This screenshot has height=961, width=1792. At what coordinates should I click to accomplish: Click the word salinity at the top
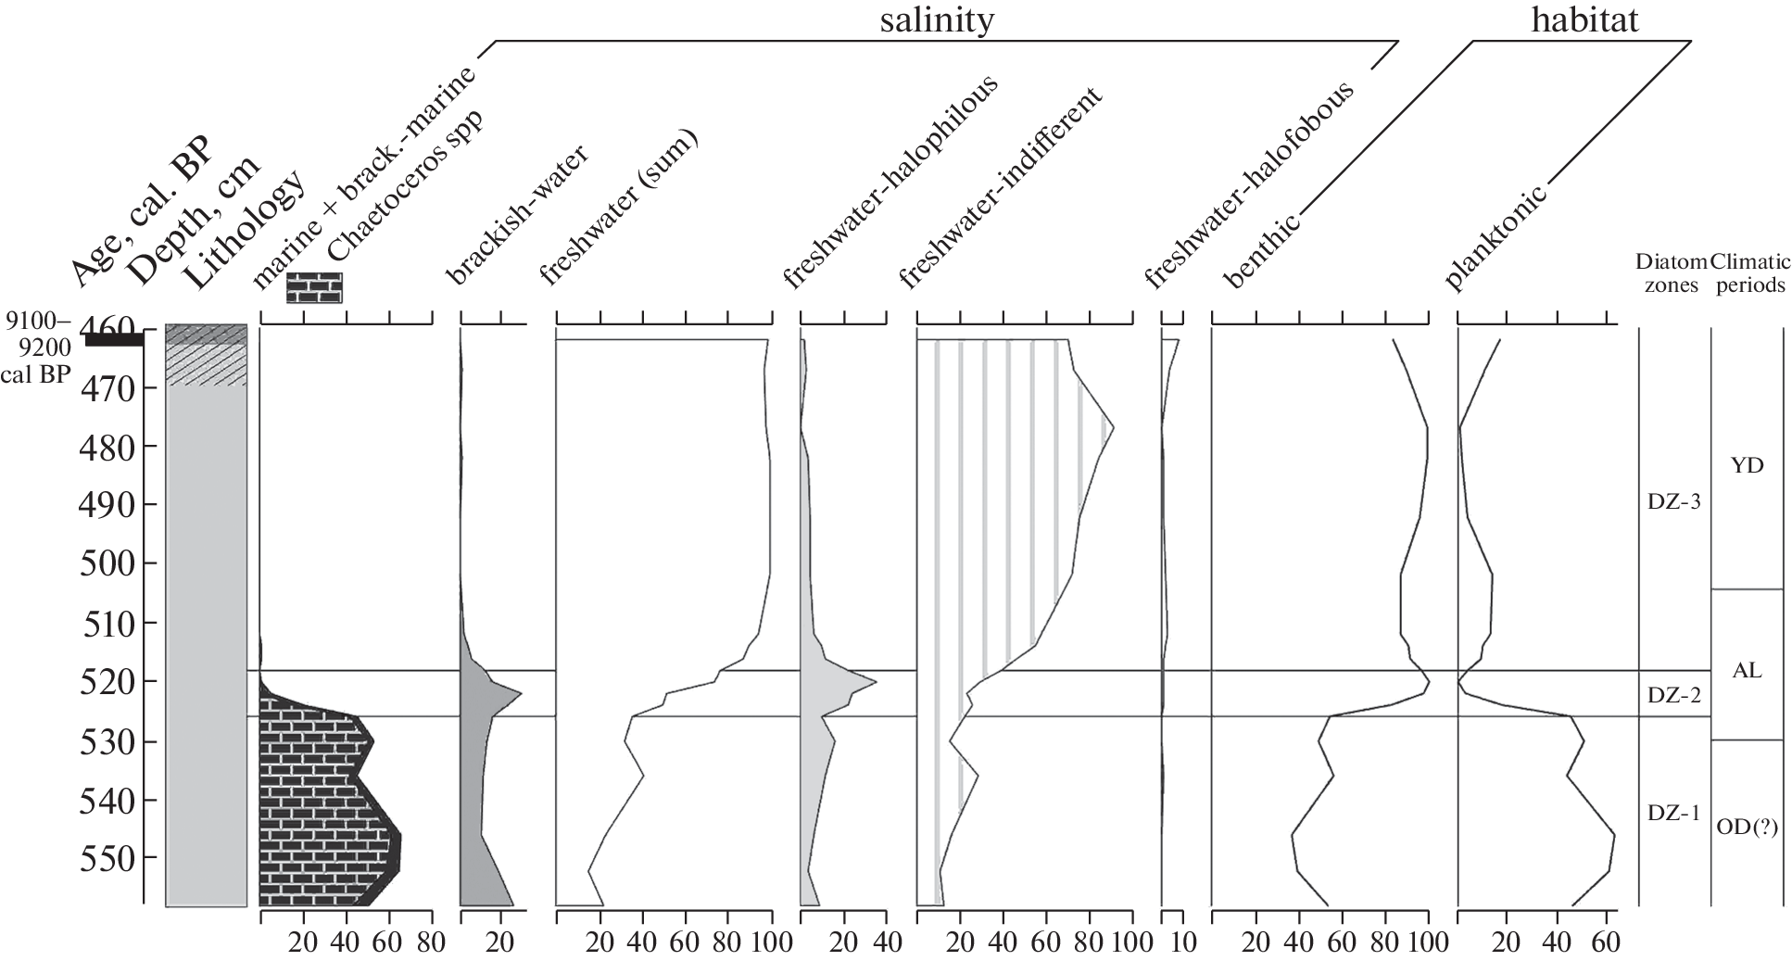pyautogui.click(x=937, y=19)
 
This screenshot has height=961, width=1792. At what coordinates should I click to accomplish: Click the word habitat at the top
pyautogui.click(x=1584, y=19)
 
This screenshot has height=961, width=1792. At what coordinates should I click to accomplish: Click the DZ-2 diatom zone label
pyautogui.click(x=1673, y=695)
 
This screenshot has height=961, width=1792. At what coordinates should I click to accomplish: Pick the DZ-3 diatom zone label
pyautogui.click(x=1673, y=501)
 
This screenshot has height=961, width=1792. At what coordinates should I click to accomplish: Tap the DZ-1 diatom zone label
pyautogui.click(x=1673, y=814)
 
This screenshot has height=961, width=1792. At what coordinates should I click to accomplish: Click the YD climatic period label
pyautogui.click(x=1747, y=465)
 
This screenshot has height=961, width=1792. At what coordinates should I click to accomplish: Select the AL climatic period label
pyautogui.click(x=1747, y=671)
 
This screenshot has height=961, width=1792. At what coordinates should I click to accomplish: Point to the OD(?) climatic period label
pyautogui.click(x=1747, y=828)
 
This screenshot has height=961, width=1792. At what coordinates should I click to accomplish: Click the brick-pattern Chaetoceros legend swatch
pyautogui.click(x=314, y=288)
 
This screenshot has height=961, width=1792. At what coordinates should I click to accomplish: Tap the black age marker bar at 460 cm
pyautogui.click(x=114, y=340)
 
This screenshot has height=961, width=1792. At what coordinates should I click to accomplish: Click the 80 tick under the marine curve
pyautogui.click(x=432, y=943)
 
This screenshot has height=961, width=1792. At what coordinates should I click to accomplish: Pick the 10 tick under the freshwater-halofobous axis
pyautogui.click(x=1183, y=943)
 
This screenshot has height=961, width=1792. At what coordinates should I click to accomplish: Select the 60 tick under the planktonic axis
pyautogui.click(x=1606, y=943)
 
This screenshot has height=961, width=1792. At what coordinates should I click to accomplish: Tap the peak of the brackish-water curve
pyautogui.click(x=522, y=693)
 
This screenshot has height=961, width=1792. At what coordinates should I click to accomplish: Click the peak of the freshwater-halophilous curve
pyautogui.click(x=876, y=683)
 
